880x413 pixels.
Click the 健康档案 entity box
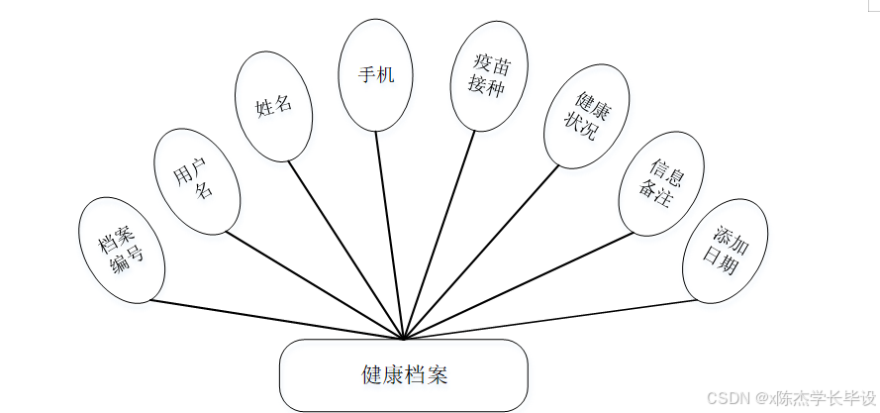403,375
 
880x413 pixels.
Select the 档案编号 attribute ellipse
122,250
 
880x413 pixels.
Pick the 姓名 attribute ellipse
274,106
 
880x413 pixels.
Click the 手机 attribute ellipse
375,75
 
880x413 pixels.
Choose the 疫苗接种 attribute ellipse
489,77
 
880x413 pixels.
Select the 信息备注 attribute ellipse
660,183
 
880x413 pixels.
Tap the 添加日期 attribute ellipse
726,251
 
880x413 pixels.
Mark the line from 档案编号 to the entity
277,320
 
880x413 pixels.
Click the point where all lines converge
404,340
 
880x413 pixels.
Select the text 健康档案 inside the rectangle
405,375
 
